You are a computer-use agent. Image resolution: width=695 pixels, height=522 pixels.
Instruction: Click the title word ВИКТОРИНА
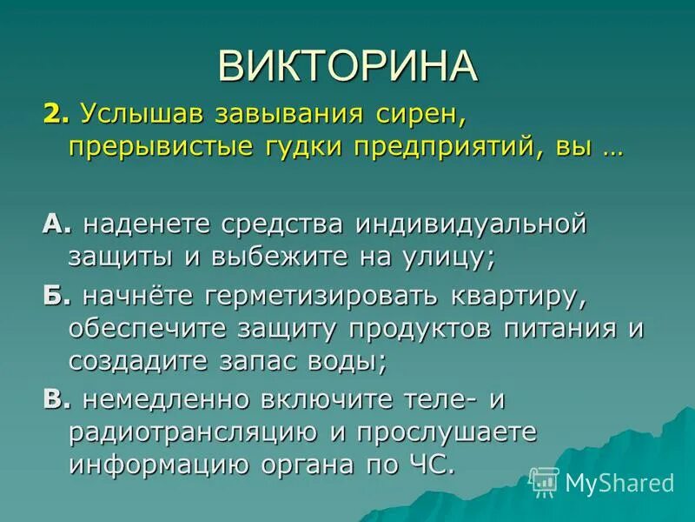coord(347,66)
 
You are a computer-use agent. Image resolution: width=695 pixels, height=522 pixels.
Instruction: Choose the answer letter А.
coord(53,224)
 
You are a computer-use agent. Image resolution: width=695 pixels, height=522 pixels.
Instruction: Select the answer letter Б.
coord(53,297)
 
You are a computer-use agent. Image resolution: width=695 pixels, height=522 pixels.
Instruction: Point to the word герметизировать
coord(320,297)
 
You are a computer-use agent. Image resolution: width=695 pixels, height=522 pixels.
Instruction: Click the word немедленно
coord(161,399)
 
